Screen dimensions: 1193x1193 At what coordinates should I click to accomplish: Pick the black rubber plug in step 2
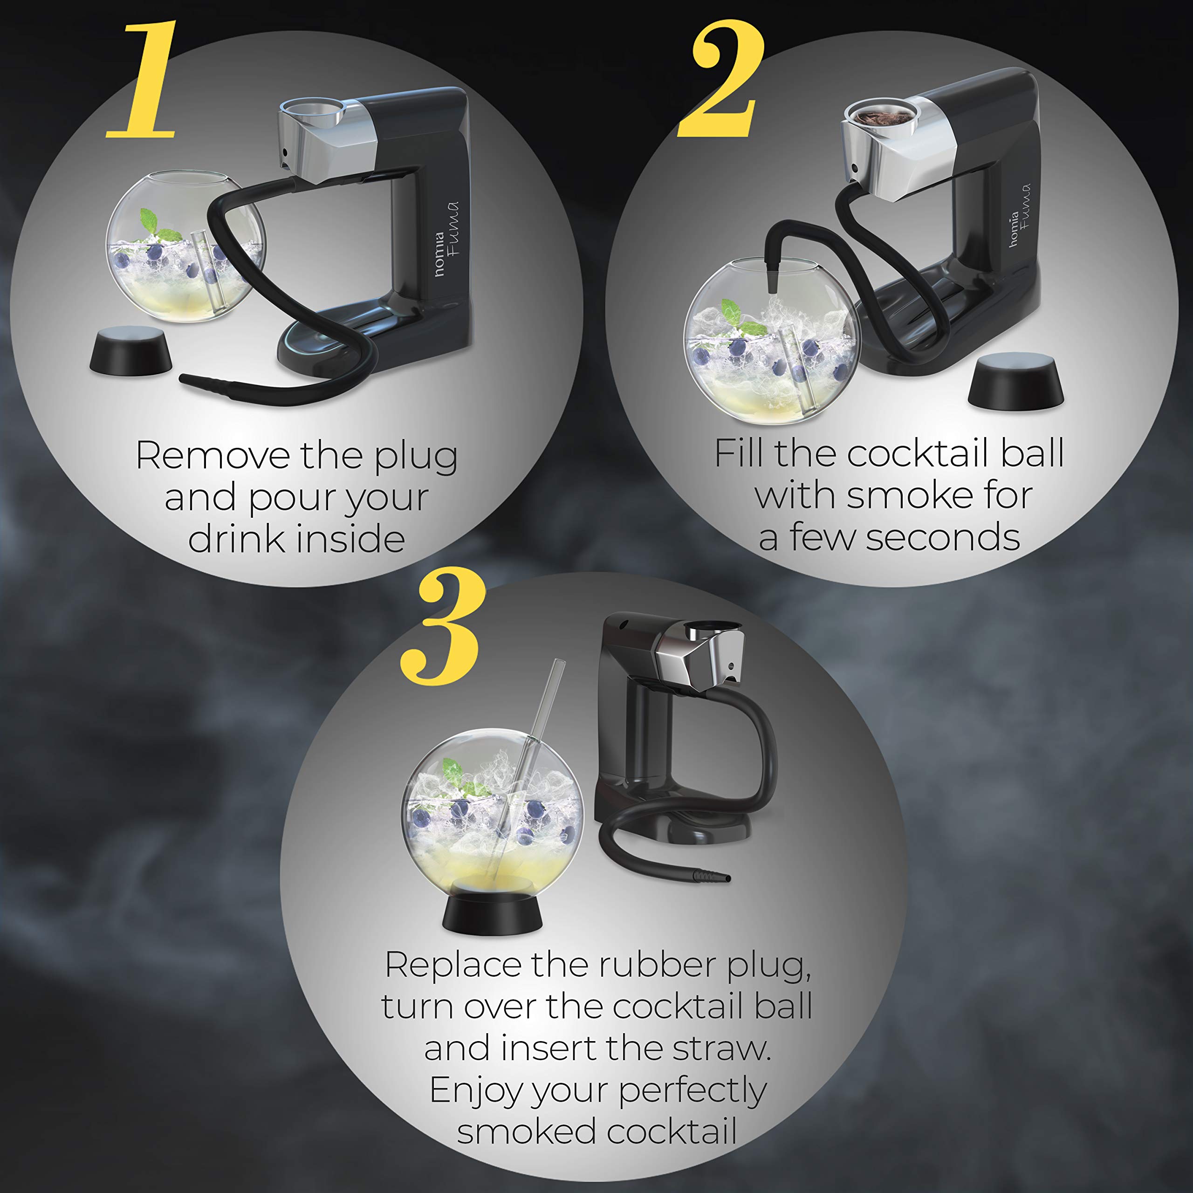point(1016,381)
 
